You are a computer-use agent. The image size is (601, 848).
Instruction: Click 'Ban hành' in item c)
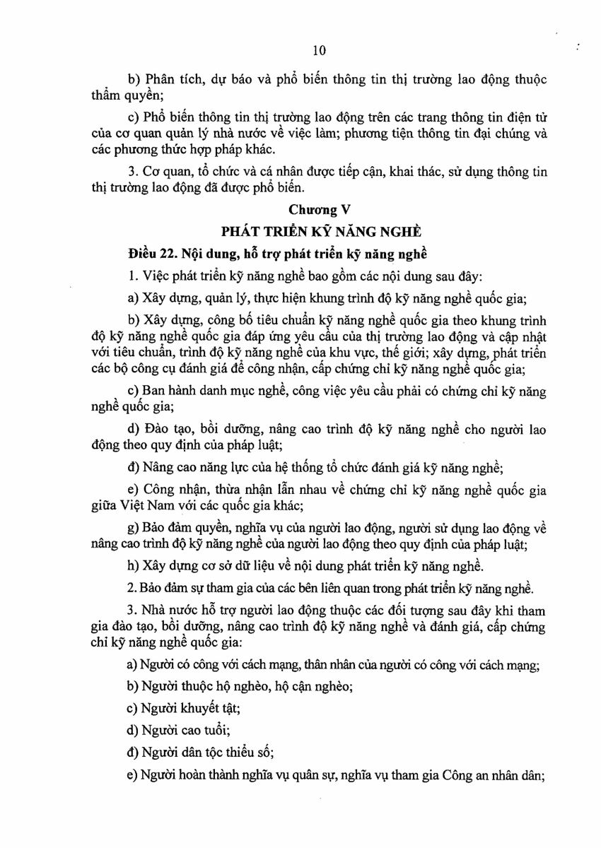(x=163, y=391)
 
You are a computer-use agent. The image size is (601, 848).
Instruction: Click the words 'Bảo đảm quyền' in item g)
(x=187, y=528)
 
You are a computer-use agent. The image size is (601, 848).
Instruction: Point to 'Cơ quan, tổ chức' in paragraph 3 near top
(x=185, y=172)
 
